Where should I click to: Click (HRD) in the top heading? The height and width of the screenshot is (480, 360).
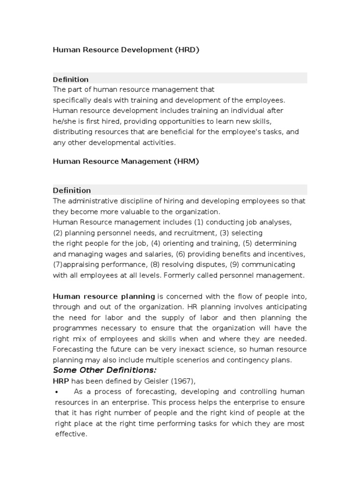click(x=187, y=50)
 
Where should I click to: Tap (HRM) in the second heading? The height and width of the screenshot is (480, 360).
click(x=187, y=161)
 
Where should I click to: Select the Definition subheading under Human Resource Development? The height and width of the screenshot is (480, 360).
click(x=71, y=79)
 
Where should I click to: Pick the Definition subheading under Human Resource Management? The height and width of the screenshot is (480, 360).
click(x=72, y=190)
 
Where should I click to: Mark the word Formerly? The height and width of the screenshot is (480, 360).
click(x=179, y=276)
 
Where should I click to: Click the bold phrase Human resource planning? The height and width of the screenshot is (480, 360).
click(x=104, y=296)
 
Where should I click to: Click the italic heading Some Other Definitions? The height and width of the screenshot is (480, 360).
click(x=98, y=370)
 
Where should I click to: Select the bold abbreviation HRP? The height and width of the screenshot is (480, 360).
click(x=61, y=381)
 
